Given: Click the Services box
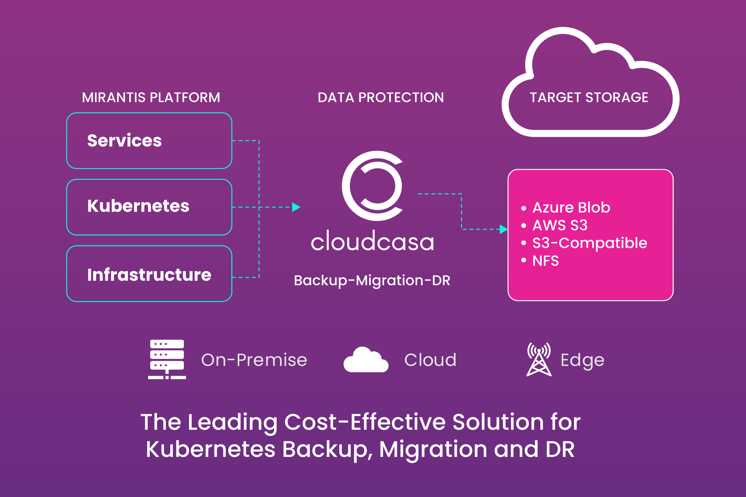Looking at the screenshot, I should pos(149,141).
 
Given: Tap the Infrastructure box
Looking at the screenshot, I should pos(149,274).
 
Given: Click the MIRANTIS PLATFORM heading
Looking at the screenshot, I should pos(151,97).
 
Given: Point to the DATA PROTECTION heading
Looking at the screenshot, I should pos(381,97).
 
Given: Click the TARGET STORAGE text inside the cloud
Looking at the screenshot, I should pos(589,97).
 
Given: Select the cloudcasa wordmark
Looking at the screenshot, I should pos(372,242).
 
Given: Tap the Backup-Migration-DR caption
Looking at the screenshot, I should pos(372,280).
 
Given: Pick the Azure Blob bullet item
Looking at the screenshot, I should pos(571,208).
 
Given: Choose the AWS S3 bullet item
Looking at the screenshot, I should pos(560,225).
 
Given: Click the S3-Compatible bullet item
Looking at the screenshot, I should pos(589,243).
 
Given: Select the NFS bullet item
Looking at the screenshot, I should pos(546,261).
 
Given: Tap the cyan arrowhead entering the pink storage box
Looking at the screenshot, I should pos(503,229).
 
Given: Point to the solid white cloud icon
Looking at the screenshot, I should pos(366,360).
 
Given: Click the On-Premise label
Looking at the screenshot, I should pos(254,360).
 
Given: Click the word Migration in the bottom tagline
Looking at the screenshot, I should pos(433,450).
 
